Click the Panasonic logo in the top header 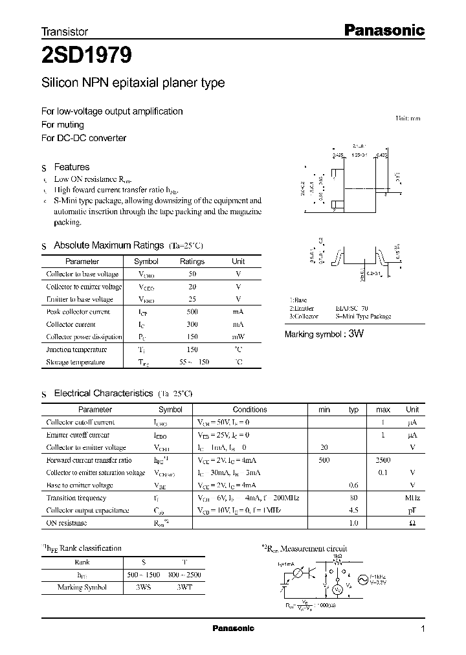tap(383, 30)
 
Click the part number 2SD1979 tap(87, 56)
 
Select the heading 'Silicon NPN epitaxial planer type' tap(133, 83)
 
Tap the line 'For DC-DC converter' tap(83, 138)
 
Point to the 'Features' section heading tap(71, 167)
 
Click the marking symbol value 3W tap(356, 334)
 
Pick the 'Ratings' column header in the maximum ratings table tap(192, 261)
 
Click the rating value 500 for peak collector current tap(192, 312)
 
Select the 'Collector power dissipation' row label tap(83, 337)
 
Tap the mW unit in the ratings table tap(238, 337)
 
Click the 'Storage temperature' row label tap(75, 362)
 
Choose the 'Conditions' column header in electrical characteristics tap(250, 410)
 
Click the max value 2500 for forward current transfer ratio tap(383, 460)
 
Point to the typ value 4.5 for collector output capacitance tap(354, 510)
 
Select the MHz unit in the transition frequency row tap(412, 498)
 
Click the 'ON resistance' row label tap(67, 523)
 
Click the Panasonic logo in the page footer tap(234, 628)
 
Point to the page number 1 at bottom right tap(423, 629)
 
